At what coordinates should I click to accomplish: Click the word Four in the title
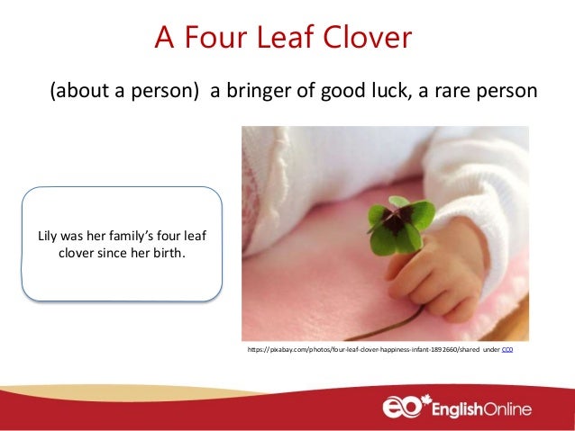(x=212, y=38)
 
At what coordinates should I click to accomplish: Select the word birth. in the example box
(x=168, y=253)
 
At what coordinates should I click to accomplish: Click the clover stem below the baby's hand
(x=401, y=319)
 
